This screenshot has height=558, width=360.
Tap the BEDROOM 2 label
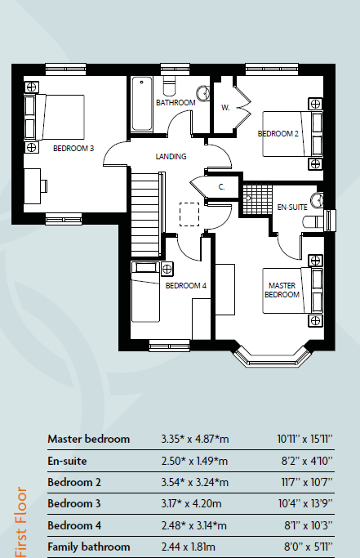click(278, 133)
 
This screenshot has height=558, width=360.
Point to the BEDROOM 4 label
click(186, 286)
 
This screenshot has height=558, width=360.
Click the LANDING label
click(171, 156)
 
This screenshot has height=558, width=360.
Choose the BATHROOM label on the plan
click(176, 102)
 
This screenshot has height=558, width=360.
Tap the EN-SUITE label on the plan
click(291, 207)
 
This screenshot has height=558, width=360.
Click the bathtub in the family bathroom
click(141, 103)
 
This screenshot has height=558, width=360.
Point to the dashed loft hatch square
click(189, 214)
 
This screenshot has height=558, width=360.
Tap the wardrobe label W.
click(224, 107)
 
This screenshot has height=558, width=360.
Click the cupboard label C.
click(221, 187)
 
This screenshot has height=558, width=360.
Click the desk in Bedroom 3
click(33, 186)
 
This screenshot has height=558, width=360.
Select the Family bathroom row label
click(88, 546)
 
